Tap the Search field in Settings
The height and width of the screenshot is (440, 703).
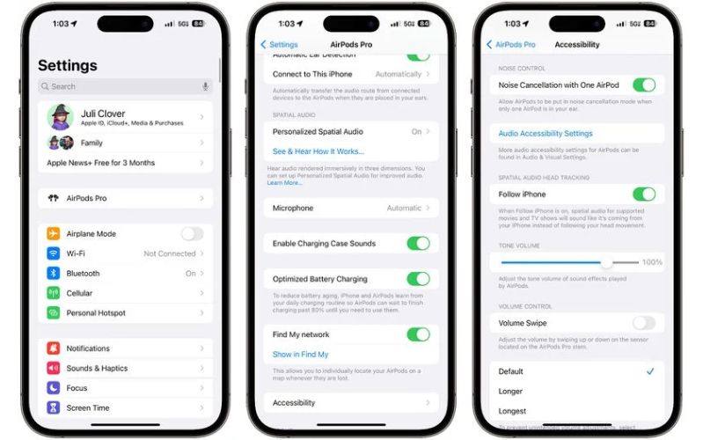[x=123, y=86]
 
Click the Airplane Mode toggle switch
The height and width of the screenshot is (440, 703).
[x=192, y=234]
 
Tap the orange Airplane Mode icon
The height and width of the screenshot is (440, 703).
[x=54, y=234]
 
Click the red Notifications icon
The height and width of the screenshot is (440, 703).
[x=54, y=348]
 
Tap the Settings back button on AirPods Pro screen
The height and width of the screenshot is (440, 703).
[x=279, y=44]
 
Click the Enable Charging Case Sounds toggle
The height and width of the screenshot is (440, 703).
[x=418, y=244]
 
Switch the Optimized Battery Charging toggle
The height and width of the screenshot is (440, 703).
[x=418, y=279]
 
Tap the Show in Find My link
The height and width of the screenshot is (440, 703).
[x=300, y=355]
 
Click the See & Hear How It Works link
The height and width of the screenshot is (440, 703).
[x=318, y=151]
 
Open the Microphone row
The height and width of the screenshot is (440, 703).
[x=351, y=209]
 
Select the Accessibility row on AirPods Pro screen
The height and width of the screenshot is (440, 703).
[x=351, y=403]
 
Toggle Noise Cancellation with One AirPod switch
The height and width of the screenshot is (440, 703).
[x=644, y=85]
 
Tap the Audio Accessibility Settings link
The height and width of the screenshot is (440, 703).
[x=546, y=134]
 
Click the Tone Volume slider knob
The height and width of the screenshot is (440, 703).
[x=606, y=262]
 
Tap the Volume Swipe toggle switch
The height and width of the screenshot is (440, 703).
[x=644, y=323]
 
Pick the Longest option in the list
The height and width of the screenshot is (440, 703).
[x=512, y=411]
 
